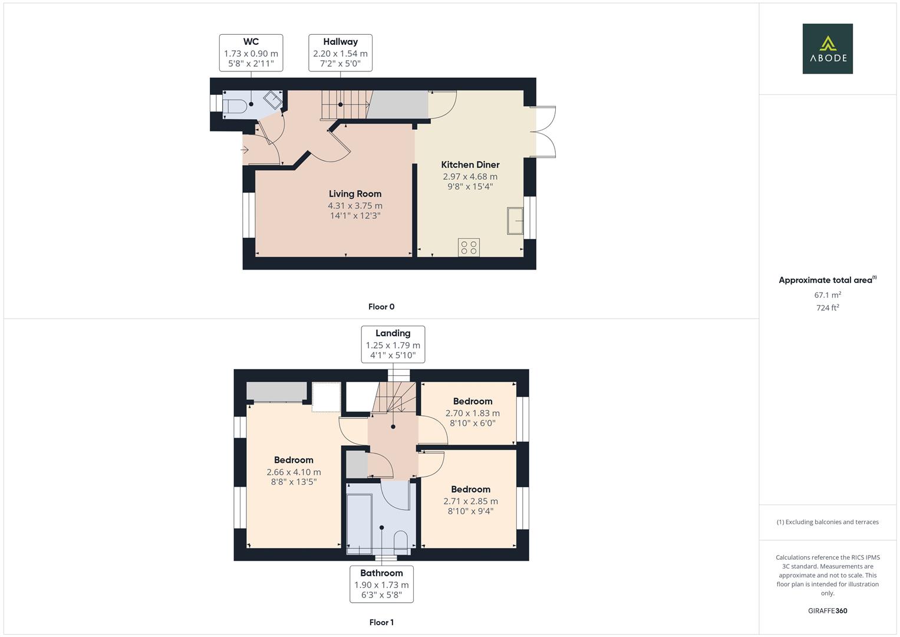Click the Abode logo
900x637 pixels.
pos(827,48)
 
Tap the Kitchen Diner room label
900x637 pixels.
pos(470,165)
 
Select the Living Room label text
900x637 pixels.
pos(355,193)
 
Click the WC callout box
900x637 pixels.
pos(250,52)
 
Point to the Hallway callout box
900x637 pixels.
pos(340,52)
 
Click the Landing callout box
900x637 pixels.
pos(393,344)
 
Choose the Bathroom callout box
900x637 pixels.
pos(381,584)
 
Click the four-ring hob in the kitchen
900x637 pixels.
pos(469,247)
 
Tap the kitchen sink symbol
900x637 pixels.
pos(515,221)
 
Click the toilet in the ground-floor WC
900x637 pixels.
pos(235,106)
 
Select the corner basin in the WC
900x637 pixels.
pos(273,99)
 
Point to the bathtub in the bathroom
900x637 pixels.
pos(359,523)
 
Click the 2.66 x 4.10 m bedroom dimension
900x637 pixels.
pos(294,472)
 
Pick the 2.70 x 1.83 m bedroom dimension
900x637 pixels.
pos(472,413)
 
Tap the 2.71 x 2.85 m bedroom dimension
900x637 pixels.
pos(470,501)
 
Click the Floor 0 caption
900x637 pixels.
pos(381,307)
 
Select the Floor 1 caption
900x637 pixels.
pos(381,622)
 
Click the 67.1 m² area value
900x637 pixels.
pos(827,295)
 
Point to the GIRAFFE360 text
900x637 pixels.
pos(827,610)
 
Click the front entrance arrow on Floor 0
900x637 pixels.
pos(245,150)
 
